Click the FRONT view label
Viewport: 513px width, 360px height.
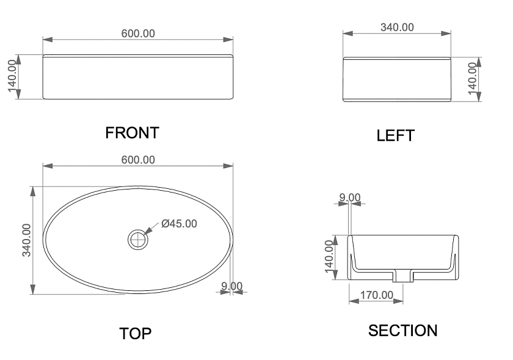pos(132,133)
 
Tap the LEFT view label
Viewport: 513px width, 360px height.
pos(396,136)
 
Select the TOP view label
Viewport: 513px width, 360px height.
pos(136,334)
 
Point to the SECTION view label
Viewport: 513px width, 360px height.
pos(402,331)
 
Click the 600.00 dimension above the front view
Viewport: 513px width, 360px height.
pos(138,34)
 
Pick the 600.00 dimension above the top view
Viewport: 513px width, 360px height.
pos(138,160)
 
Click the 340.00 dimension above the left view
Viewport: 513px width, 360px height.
pos(397,27)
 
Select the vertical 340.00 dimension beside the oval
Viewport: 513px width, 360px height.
pos(26,240)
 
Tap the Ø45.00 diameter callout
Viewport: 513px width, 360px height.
pos(180,224)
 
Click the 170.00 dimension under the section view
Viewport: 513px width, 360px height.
pos(377,295)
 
